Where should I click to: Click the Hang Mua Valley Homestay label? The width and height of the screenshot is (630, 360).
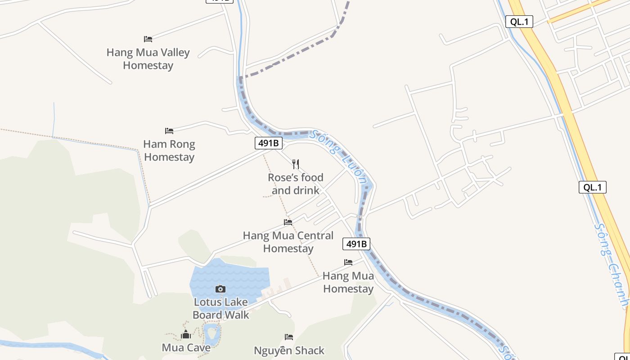click(x=148, y=59)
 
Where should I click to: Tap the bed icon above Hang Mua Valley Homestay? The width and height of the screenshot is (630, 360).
click(x=148, y=39)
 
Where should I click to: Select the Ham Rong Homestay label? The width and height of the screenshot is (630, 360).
click(x=169, y=151)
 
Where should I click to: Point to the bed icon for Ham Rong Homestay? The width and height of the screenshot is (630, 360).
click(x=169, y=131)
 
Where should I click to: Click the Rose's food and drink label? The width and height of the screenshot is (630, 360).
click(x=296, y=184)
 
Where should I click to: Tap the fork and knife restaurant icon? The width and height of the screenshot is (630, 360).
click(x=296, y=164)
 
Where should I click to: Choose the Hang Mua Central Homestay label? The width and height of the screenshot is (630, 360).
click(x=288, y=242)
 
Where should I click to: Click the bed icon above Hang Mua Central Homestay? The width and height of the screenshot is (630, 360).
click(x=288, y=222)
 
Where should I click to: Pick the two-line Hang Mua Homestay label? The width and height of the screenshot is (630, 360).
click(x=348, y=282)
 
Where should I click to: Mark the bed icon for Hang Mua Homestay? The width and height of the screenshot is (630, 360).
click(x=348, y=262)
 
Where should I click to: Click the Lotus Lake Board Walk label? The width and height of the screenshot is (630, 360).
click(x=220, y=308)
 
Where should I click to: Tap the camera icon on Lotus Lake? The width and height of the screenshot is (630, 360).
click(x=220, y=289)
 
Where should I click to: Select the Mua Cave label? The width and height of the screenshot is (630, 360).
click(x=186, y=348)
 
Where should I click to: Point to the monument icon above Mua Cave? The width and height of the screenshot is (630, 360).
click(x=186, y=334)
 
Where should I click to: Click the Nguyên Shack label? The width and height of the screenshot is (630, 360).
click(x=289, y=351)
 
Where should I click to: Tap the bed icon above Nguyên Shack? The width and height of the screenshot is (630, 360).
click(x=289, y=337)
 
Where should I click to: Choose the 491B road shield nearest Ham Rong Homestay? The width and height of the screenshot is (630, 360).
click(x=269, y=144)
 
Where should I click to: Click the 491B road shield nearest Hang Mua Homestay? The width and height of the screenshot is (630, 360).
click(x=356, y=244)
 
